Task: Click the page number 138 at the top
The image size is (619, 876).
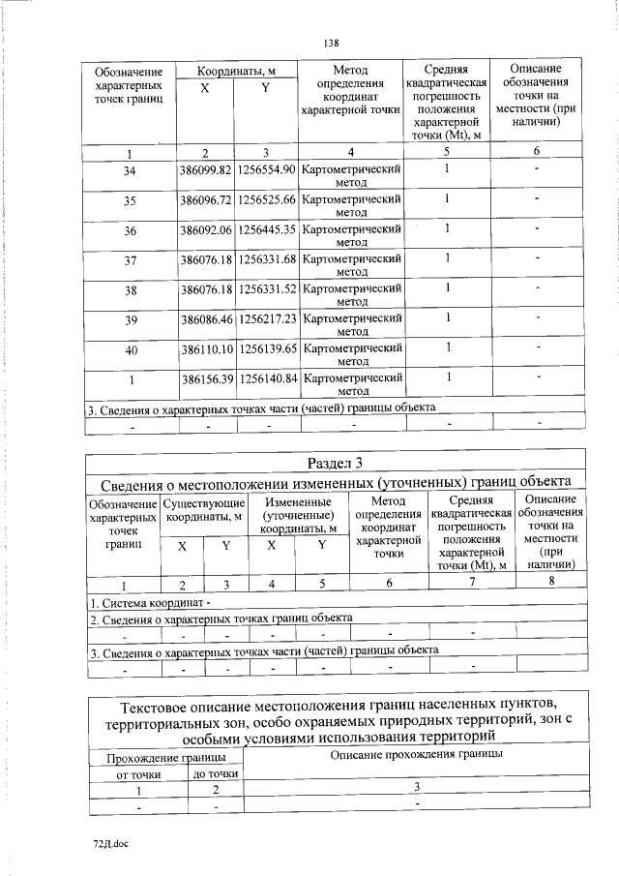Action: pos(330,43)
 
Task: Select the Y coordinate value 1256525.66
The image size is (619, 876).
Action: pos(266,199)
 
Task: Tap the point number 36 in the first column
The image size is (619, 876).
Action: pos(131,229)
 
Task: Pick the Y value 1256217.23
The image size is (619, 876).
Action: pos(266,317)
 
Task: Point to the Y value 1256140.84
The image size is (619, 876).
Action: pos(266,377)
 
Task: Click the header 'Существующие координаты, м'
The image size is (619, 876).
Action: pos(204,509)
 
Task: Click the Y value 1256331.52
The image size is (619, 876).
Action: pos(266,288)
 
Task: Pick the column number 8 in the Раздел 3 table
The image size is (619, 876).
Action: pos(551,581)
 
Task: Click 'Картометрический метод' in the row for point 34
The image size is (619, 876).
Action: pos(351,176)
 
